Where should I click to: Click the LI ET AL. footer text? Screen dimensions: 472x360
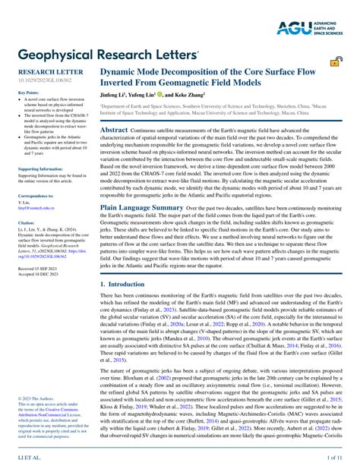pos(29,459)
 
